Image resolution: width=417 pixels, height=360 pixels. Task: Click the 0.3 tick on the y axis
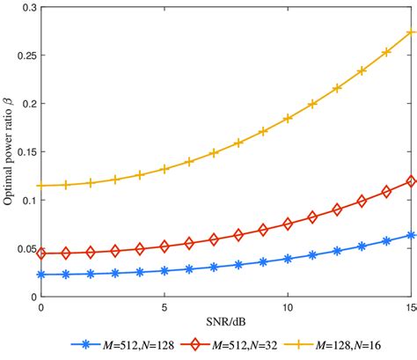[x=26, y=8]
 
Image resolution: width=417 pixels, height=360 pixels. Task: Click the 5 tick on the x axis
[x=165, y=309]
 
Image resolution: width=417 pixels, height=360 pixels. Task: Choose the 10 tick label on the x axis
[x=288, y=309]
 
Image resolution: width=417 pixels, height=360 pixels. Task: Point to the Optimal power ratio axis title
[x=9, y=152]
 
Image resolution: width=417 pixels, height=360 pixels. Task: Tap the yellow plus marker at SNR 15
[x=411, y=33]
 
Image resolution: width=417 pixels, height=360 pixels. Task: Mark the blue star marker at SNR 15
[x=411, y=235]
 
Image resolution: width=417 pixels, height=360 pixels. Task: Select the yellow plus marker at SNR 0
[x=41, y=186]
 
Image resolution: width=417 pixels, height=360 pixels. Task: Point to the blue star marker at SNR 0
[x=41, y=275]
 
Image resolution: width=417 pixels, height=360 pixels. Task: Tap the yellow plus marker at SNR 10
[x=288, y=118]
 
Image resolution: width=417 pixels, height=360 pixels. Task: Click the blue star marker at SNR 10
[x=288, y=259]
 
